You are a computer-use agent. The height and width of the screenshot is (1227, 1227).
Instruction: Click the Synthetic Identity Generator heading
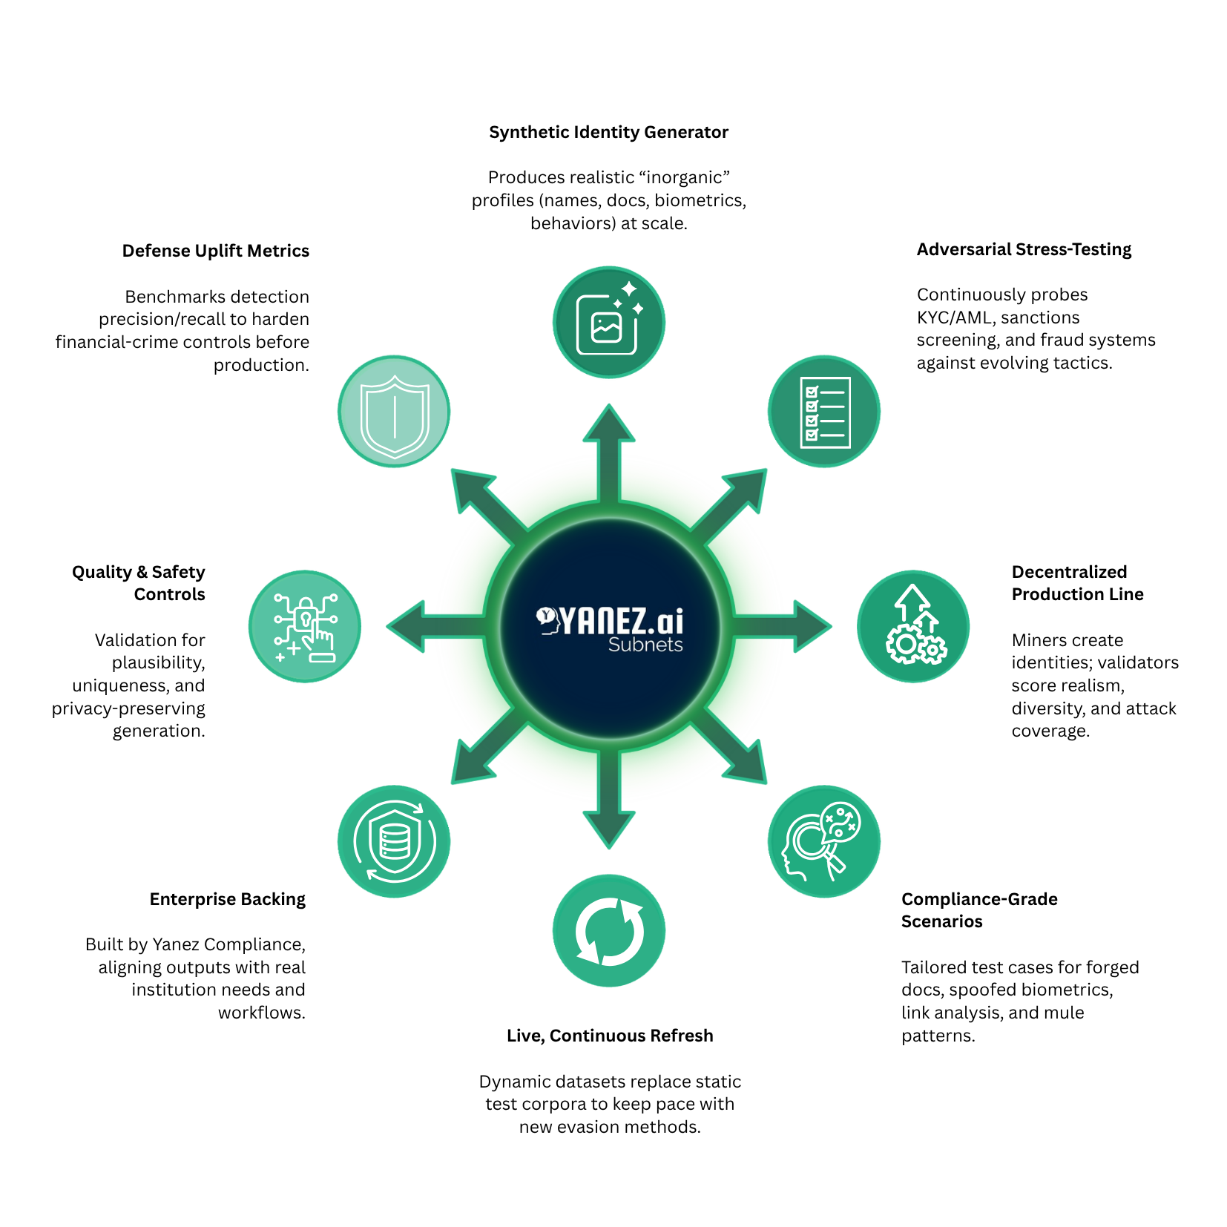[608, 132]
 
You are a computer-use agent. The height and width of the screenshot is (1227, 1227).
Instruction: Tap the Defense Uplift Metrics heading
[215, 251]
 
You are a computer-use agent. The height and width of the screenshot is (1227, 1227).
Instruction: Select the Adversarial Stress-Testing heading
[1024, 249]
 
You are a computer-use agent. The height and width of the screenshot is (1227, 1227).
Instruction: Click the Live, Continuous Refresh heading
[610, 1036]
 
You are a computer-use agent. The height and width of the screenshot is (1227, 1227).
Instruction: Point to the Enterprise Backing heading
[227, 899]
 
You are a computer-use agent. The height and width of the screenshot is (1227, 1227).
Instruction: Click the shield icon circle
[394, 411]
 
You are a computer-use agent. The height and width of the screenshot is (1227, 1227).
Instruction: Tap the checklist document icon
[824, 412]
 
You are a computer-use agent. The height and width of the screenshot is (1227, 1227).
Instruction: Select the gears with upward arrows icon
[913, 626]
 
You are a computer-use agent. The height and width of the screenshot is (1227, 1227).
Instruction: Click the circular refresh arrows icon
[609, 930]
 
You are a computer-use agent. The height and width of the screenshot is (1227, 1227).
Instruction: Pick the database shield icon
[394, 841]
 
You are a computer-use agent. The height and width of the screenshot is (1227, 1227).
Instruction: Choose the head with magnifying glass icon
[823, 841]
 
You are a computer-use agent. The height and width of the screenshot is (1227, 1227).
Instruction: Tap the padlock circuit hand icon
[305, 626]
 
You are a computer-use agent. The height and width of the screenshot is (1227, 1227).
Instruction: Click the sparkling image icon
[609, 322]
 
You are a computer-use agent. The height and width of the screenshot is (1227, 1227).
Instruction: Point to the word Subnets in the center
[645, 645]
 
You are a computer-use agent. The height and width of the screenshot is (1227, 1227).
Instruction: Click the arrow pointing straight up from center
[609, 445]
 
